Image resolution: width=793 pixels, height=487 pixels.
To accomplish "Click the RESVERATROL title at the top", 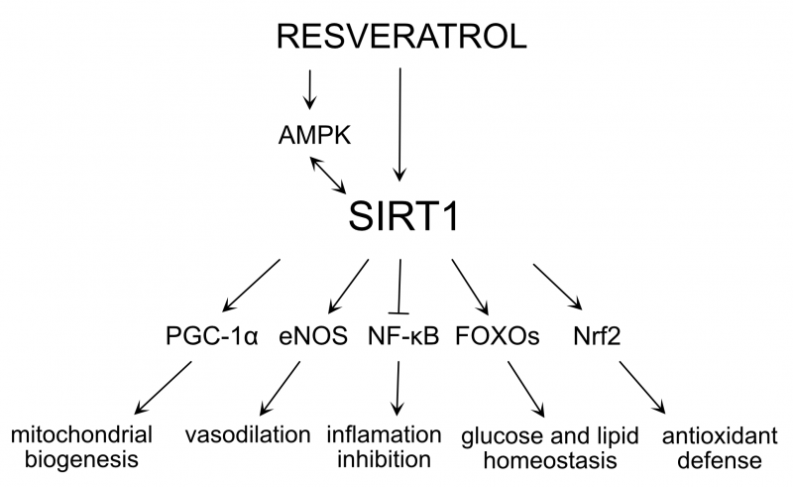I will pos(400,39).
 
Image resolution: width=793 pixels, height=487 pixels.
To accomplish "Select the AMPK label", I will pos(314,134).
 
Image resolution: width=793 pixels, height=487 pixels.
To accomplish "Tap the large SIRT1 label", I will pos(403,216).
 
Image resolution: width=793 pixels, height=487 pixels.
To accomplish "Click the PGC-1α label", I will pos(211,335).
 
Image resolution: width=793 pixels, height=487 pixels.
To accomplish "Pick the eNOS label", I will pos(312,335).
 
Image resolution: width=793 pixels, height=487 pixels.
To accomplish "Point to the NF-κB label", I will pos(402,335).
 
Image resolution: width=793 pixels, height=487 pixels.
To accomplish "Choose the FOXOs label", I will pos(498,335).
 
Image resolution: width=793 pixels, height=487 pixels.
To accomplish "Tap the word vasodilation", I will pos(248,435).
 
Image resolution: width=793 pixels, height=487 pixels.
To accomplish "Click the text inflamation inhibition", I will pos(386,447).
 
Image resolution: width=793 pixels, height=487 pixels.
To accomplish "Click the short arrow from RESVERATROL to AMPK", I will pos(310,88).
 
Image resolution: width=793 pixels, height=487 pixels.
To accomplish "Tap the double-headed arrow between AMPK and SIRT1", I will pos(328,175).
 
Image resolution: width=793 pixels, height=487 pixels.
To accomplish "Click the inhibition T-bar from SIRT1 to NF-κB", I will pos(399,287).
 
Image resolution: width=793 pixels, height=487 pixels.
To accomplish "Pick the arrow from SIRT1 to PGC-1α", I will pos(253,284).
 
